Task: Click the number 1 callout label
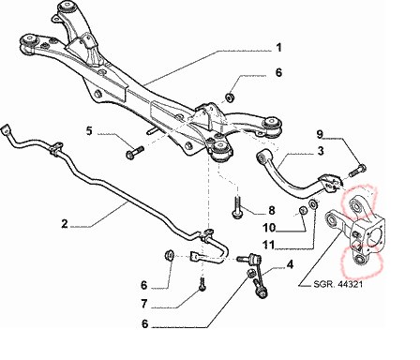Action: click(278, 48)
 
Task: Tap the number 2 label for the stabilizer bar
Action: click(65, 224)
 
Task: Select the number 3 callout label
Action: click(321, 151)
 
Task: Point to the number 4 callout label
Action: click(290, 265)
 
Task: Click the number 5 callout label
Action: click(89, 131)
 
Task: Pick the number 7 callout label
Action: click(143, 304)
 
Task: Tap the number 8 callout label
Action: click(272, 210)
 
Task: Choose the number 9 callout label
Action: click(320, 134)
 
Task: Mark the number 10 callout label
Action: click(269, 228)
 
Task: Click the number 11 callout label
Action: click(268, 245)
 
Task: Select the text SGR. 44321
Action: click(337, 284)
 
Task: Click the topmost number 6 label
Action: click(278, 72)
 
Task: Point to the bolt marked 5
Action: click(134, 152)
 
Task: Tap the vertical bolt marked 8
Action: click(237, 207)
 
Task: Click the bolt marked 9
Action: click(357, 170)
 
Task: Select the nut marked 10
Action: click(302, 210)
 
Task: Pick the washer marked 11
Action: click(313, 204)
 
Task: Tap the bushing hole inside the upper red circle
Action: click(355, 206)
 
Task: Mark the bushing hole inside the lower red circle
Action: click(360, 259)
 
